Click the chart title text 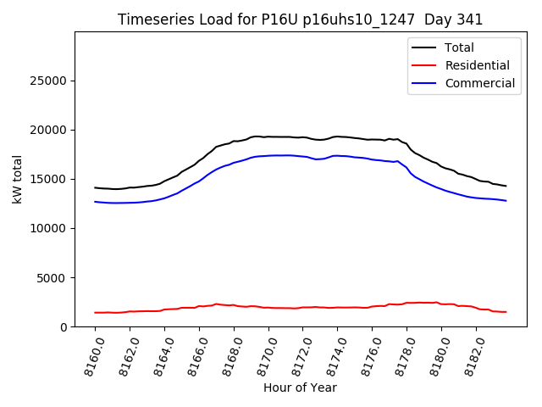click(301, 19)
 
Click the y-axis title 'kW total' click(18, 179)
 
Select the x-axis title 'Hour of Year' click(300, 387)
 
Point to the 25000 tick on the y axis click(50, 81)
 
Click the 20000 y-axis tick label click(50, 130)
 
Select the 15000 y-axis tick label click(50, 179)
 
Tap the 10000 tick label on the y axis click(50, 228)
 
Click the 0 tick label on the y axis click(64, 326)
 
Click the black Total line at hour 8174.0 click(337, 137)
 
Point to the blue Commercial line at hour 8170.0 click(268, 156)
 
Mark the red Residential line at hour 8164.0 click(164, 309)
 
